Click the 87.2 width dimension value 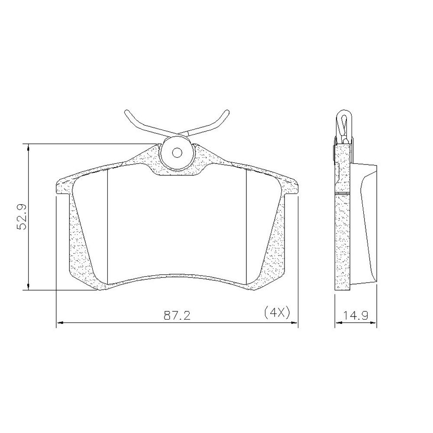177,315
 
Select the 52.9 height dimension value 21,217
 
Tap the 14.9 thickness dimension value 355,315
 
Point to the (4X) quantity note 277,313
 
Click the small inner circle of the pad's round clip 177,152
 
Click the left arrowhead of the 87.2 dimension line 60,322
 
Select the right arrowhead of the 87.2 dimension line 294,322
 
